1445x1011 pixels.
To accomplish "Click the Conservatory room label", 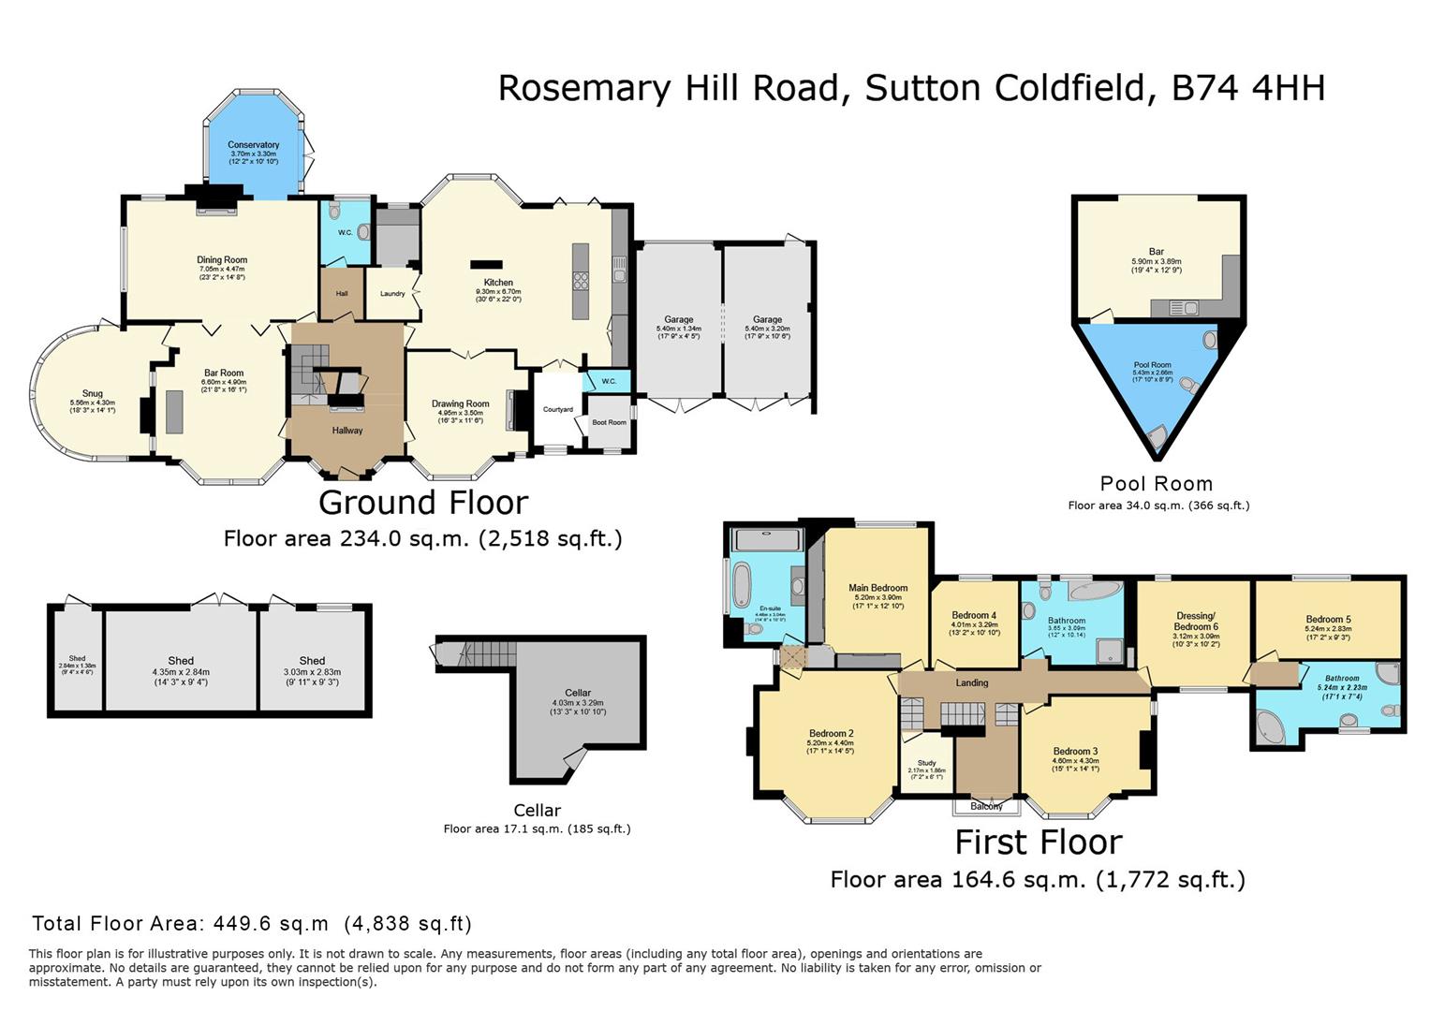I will [254, 145].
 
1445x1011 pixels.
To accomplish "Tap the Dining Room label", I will [222, 260].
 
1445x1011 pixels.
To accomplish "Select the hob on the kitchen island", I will [580, 281].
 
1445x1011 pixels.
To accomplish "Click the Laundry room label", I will [392, 294].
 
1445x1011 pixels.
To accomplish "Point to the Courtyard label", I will [558, 409].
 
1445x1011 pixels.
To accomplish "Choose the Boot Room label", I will [610, 422].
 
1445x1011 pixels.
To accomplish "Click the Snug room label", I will [92, 394].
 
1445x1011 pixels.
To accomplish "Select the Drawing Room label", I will [460, 404].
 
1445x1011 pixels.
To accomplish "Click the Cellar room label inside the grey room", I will [578, 693].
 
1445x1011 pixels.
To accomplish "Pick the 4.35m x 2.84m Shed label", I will [181, 661].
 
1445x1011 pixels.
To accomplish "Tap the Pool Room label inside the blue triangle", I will [1152, 365].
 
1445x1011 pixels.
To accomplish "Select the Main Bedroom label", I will [877, 588].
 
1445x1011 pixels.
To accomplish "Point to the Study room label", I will [926, 763].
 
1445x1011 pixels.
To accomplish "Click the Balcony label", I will [986, 806].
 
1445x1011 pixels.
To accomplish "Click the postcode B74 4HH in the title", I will [1248, 88].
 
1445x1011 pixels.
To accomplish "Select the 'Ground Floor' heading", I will [423, 503].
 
